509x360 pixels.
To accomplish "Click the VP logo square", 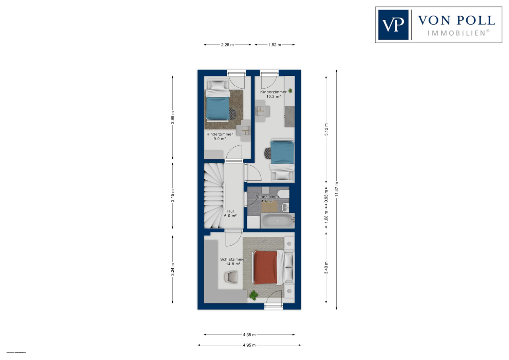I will (x=393, y=25).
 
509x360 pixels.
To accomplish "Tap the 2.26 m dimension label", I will (x=227, y=45).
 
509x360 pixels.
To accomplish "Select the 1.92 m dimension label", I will (x=275, y=45).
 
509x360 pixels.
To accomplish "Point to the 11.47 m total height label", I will (x=337, y=190).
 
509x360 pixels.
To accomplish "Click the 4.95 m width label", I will (x=249, y=345).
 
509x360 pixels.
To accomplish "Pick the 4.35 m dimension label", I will (x=249, y=335).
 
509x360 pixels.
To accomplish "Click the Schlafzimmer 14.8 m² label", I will (x=233, y=262).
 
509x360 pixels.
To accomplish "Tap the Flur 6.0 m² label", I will (x=230, y=213).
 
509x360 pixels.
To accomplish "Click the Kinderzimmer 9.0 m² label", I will (x=220, y=136).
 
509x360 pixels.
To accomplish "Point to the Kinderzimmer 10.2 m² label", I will (x=273, y=94).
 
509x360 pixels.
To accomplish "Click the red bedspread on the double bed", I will (x=265, y=267).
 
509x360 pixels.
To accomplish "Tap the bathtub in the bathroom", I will (x=277, y=221).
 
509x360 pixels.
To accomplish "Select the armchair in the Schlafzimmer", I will (x=231, y=277).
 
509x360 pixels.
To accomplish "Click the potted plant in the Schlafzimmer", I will (x=253, y=295).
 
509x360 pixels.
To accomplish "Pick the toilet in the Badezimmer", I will (x=284, y=194).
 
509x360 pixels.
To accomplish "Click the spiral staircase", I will (x=213, y=196).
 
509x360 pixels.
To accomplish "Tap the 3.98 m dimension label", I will (x=172, y=118).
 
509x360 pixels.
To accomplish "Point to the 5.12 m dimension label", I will (x=326, y=129).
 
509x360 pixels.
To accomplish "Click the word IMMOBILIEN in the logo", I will (x=458, y=33).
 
